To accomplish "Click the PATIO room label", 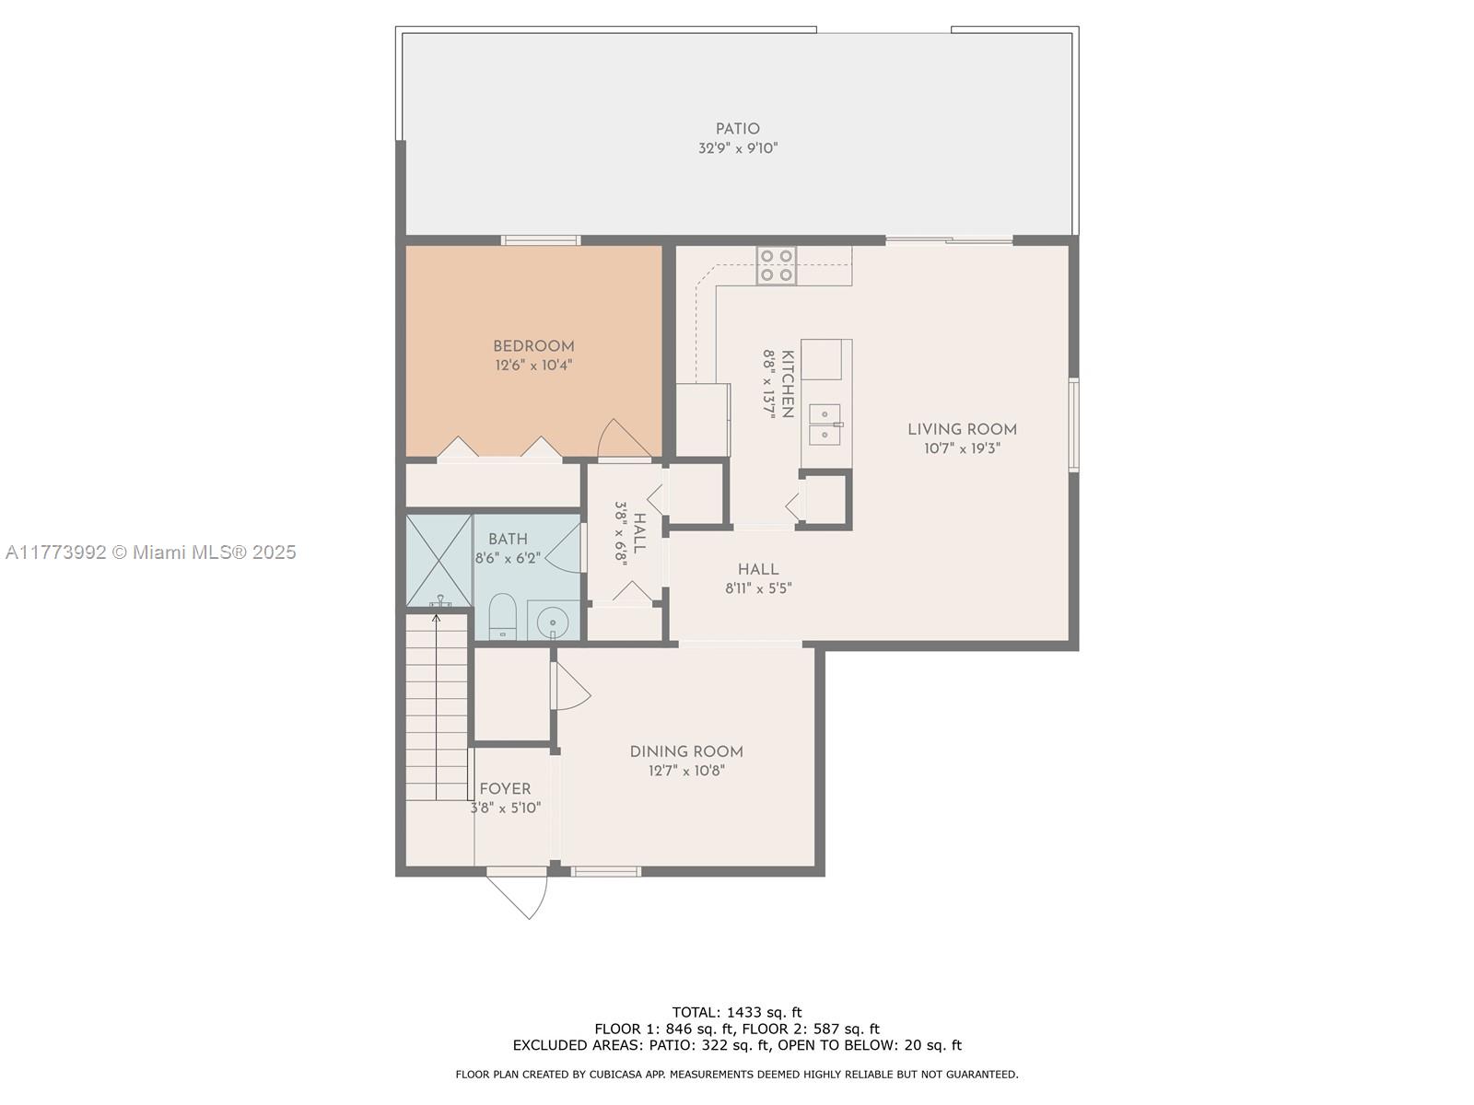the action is [737, 129].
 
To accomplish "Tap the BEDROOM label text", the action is [533, 346].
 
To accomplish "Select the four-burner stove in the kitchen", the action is [777, 265].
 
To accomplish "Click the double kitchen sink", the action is [825, 424].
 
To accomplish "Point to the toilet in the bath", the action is [501, 616].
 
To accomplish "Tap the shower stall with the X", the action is [439, 560].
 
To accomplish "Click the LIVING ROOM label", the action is [963, 429].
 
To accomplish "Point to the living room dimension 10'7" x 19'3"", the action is [963, 448].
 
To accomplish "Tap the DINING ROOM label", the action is [686, 751].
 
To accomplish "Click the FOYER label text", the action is [505, 789].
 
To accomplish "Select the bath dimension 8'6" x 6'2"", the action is [508, 557].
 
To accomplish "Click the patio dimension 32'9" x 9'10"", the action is [738, 147].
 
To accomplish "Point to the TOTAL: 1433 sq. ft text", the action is [737, 1012].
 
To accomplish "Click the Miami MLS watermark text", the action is [150, 552].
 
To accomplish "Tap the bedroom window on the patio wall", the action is [541, 240].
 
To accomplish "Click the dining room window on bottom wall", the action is [605, 871].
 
